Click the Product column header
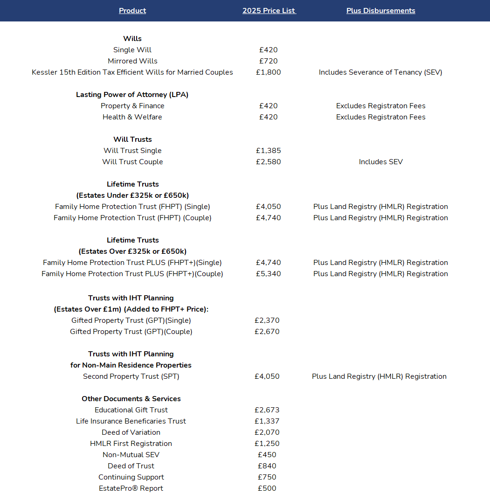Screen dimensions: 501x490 [132, 11]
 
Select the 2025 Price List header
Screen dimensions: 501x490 [269, 11]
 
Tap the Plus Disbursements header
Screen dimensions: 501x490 [380, 11]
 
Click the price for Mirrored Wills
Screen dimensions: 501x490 [269, 61]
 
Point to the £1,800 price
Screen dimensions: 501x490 [269, 72]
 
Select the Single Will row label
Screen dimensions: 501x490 [132, 50]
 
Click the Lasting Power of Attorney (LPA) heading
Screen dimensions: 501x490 [132, 95]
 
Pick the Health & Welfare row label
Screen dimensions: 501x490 [132, 117]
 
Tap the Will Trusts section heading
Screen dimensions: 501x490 [132, 139]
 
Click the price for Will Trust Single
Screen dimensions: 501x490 [269, 151]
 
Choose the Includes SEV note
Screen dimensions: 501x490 [380, 162]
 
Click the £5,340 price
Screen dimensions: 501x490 [269, 274]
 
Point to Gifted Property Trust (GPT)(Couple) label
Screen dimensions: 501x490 [131, 332]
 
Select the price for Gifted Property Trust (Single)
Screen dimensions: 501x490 [267, 320]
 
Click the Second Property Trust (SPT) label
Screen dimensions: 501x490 [131, 376]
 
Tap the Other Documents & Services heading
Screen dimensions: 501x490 [131, 399]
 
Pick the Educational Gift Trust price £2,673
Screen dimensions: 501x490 [267, 410]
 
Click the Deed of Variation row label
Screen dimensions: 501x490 [131, 432]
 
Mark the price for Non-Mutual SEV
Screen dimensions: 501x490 [267, 455]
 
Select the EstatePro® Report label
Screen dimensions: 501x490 [131, 488]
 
